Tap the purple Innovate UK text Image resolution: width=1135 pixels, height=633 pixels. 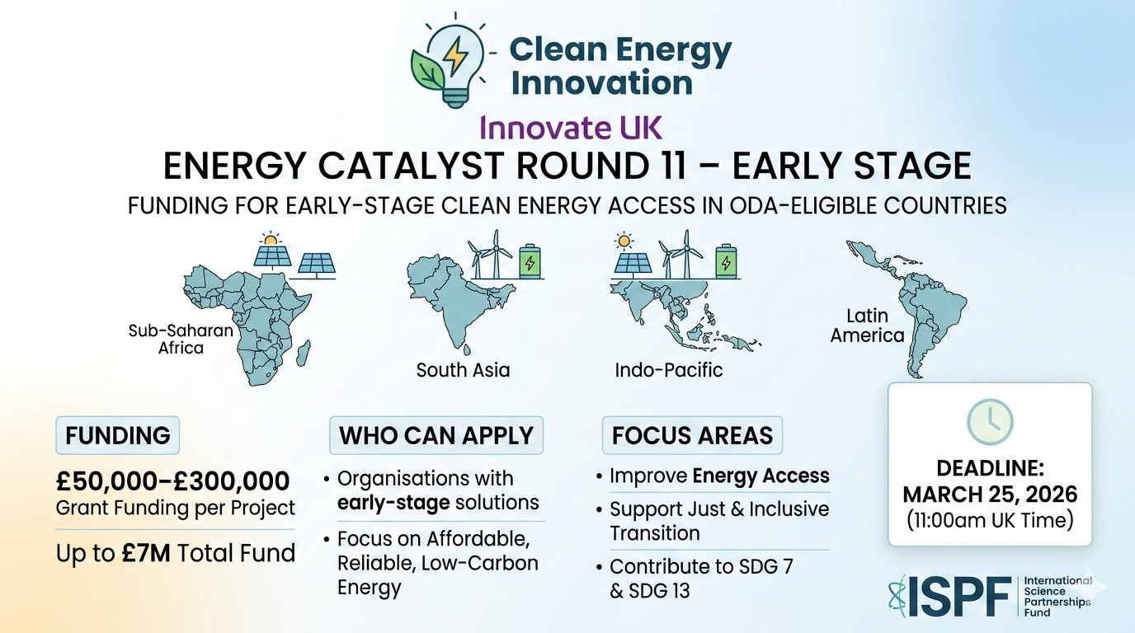(x=571, y=128)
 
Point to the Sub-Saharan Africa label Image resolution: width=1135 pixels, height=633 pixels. (x=181, y=339)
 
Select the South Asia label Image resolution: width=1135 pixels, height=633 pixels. (x=463, y=370)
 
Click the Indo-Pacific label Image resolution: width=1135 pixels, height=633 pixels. (x=668, y=370)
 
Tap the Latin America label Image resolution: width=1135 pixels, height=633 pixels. (x=867, y=326)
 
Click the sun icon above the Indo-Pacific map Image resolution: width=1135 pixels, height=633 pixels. (x=624, y=241)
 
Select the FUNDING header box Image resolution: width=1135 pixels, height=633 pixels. (x=117, y=435)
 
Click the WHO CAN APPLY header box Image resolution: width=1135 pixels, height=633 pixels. (x=436, y=435)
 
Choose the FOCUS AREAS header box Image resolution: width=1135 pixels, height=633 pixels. (x=692, y=435)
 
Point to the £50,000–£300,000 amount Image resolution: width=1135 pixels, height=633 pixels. (x=172, y=481)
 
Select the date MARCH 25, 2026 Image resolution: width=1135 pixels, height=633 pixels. (x=990, y=495)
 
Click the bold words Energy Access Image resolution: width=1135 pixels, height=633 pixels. (x=761, y=476)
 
